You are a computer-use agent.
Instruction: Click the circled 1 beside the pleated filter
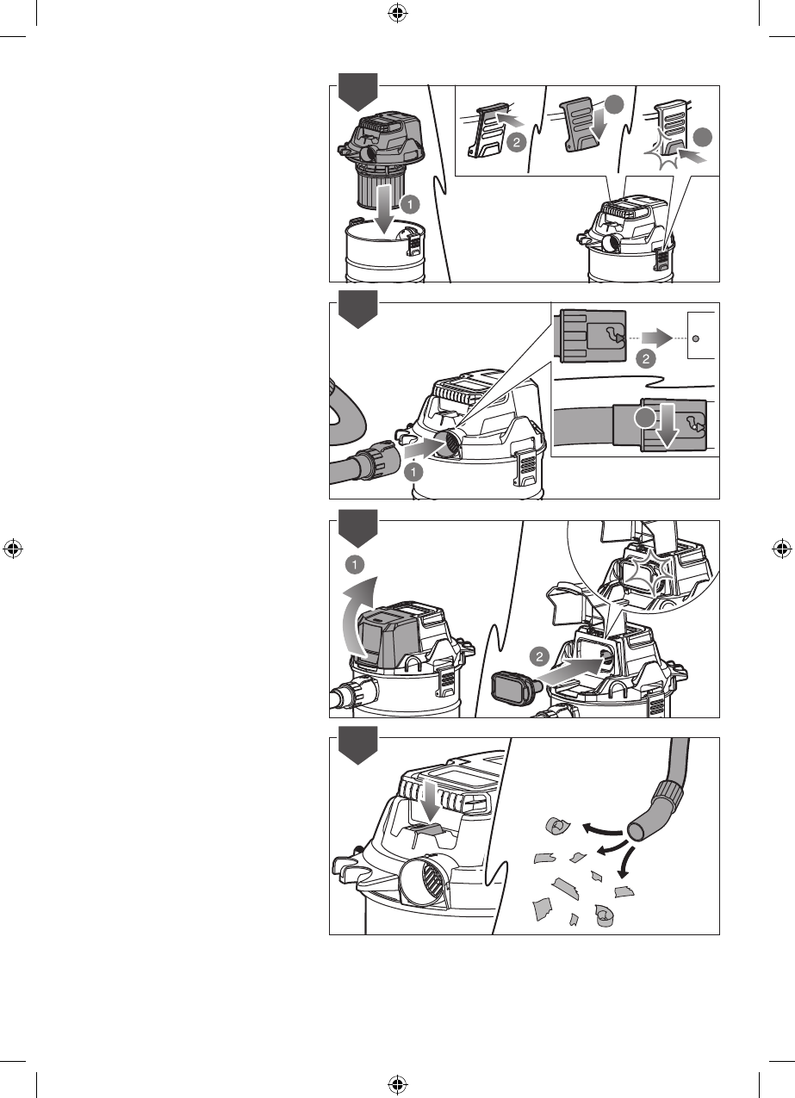click(410, 204)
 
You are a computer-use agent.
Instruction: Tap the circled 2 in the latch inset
click(516, 143)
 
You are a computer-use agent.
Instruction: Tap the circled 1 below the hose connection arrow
click(414, 472)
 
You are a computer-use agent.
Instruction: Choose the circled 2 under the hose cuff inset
click(646, 359)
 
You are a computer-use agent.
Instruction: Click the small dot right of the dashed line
click(695, 338)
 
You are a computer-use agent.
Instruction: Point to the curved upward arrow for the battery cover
click(360, 616)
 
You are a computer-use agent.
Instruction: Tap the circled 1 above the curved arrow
click(355, 565)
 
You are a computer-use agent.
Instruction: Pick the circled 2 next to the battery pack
click(540, 656)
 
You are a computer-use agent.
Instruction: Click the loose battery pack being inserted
click(513, 685)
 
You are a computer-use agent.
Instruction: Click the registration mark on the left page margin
click(13, 549)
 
